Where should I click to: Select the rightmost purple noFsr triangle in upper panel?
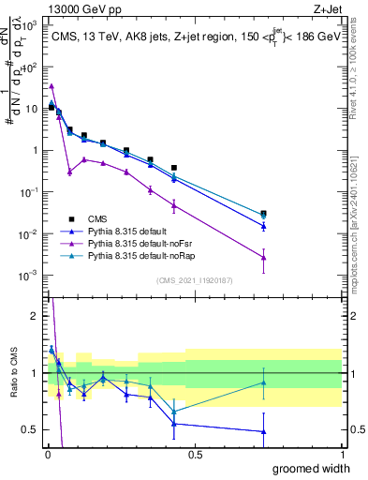264,258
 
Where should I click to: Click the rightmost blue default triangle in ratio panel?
264,431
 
